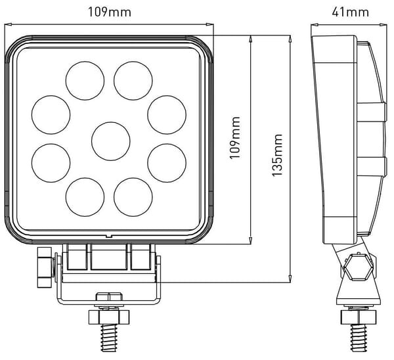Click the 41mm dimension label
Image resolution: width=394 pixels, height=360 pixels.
point(350,12)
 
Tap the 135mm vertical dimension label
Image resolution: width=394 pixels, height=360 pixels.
point(278,155)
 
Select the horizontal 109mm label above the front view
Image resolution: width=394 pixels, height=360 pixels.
point(109,12)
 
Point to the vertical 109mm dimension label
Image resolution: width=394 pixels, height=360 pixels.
point(235,137)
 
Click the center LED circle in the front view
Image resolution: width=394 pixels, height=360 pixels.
point(111,141)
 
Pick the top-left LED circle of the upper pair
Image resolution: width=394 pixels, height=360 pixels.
point(85,81)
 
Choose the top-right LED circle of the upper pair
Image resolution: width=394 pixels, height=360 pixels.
point(133,81)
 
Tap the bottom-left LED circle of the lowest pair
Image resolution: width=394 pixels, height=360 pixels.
point(85,197)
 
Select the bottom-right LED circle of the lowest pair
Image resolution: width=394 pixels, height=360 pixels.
point(133,197)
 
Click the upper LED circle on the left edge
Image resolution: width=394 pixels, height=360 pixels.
point(51,115)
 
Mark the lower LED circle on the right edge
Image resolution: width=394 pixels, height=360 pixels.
point(167,163)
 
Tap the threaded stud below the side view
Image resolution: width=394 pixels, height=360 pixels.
point(359,337)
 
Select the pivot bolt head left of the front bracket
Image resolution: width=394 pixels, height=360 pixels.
point(45,267)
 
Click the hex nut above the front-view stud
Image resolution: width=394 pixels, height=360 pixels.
point(109,317)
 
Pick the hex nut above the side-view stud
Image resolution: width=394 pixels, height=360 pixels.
point(359,317)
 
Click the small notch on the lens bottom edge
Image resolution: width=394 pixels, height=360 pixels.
point(108,236)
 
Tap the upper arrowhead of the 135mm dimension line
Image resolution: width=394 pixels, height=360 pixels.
point(290,39)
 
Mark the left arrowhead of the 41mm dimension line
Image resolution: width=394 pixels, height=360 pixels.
point(315,25)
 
